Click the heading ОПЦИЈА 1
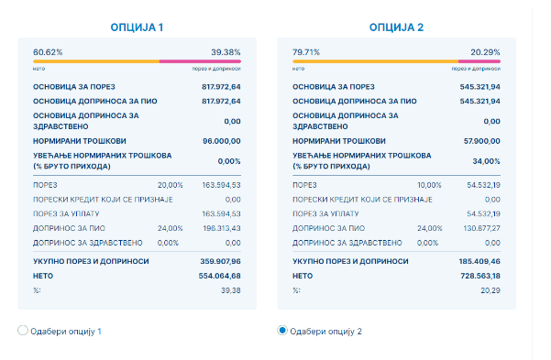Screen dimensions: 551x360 click(x=137, y=27)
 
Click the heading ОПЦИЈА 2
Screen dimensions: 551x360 click(x=396, y=27)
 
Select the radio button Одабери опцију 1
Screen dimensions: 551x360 click(x=23, y=331)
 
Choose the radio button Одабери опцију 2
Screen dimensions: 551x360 click(x=282, y=331)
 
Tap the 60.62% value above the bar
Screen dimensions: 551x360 click(x=48, y=52)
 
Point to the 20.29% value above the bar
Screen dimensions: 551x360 click(x=485, y=52)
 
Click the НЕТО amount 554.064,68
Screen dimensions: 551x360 click(x=220, y=276)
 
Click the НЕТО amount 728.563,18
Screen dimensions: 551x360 click(x=480, y=276)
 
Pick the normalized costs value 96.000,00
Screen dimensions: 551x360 click(x=222, y=141)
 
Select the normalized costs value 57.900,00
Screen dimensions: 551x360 click(x=481, y=141)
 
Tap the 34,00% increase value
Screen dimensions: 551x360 click(x=486, y=161)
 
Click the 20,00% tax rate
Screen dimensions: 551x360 click(x=171, y=185)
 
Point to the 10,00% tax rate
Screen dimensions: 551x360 click(x=429, y=185)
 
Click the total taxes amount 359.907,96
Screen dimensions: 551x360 click(x=220, y=261)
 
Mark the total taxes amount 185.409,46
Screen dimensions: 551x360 click(x=479, y=261)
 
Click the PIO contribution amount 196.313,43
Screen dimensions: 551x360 click(x=222, y=228)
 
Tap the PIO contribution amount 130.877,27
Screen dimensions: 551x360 click(x=481, y=228)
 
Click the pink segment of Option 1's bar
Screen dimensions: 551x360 click(x=200, y=61)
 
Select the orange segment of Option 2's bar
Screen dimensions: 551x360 click(x=376, y=61)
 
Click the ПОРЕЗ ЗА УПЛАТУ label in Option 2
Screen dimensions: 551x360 click(x=325, y=213)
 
